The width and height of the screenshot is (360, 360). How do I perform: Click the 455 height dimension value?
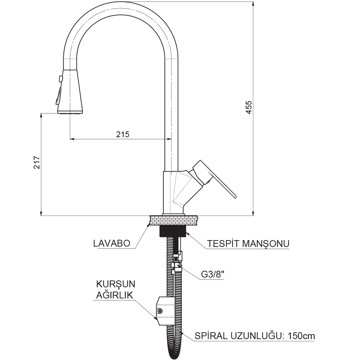click(x=249, y=107)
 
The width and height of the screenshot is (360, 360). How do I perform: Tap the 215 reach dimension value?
click(x=123, y=134)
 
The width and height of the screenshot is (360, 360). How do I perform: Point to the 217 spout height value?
click(x=37, y=163)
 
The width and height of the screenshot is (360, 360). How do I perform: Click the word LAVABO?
click(x=112, y=243)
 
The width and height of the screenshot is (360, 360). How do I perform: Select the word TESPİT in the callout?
click(x=223, y=243)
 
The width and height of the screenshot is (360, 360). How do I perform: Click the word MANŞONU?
click(x=265, y=244)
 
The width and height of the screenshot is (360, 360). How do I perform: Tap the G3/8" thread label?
click(x=213, y=275)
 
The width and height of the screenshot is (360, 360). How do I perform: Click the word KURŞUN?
click(x=116, y=284)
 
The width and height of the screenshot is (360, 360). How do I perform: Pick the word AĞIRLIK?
click(x=114, y=295)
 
